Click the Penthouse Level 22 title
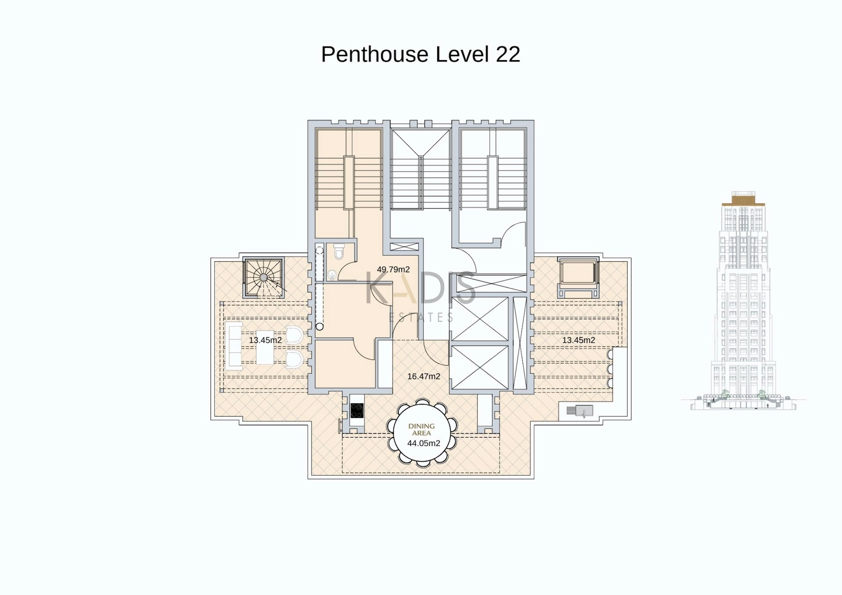click(421, 54)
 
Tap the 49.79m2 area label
click(393, 270)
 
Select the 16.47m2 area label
click(424, 376)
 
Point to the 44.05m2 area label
click(424, 443)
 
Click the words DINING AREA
click(421, 429)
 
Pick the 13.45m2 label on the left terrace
click(265, 340)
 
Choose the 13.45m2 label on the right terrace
click(579, 340)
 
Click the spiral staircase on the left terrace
click(264, 278)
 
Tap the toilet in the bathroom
click(339, 252)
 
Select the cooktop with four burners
click(357, 411)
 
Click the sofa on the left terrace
click(234, 346)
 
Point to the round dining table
click(421, 433)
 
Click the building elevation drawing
click(743, 301)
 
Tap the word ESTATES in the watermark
click(421, 317)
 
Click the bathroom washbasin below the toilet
click(332, 275)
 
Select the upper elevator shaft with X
click(480, 319)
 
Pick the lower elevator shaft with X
click(480, 367)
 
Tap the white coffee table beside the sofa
click(265, 347)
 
